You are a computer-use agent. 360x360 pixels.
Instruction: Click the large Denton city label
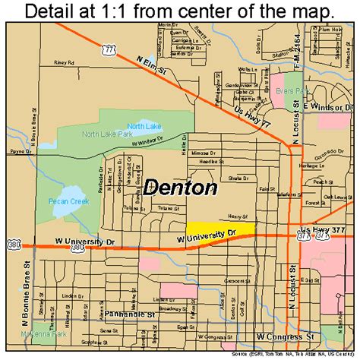coord(180,188)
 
